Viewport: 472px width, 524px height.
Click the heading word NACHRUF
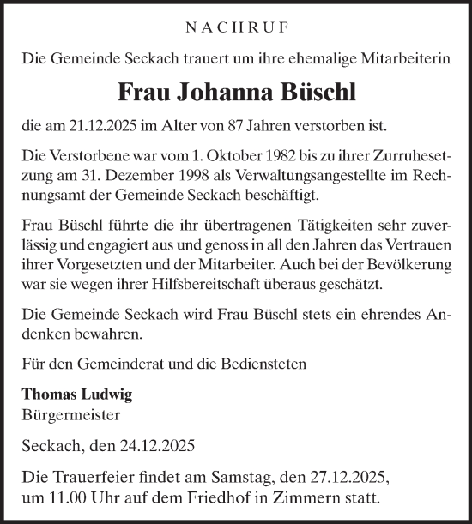click(235, 28)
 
